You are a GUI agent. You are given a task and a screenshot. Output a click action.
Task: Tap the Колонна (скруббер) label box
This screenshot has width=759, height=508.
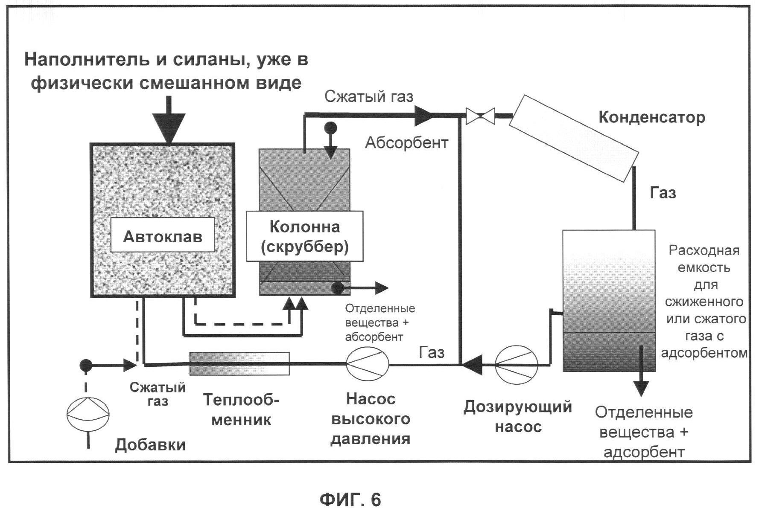pyautogui.click(x=304, y=236)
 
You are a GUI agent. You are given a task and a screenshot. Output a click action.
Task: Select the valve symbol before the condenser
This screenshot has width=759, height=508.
pyautogui.click(x=480, y=116)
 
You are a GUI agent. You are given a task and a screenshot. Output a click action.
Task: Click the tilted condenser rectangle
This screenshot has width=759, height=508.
pyautogui.click(x=574, y=138)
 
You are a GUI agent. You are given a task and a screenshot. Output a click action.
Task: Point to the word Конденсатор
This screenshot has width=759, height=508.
pyautogui.click(x=651, y=117)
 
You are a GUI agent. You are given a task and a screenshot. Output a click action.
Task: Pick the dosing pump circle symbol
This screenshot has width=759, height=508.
pyautogui.click(x=517, y=363)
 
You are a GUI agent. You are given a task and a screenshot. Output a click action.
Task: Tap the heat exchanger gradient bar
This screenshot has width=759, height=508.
pyautogui.click(x=239, y=363)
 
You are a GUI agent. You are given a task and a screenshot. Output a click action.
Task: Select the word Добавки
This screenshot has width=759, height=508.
pyautogui.click(x=150, y=445)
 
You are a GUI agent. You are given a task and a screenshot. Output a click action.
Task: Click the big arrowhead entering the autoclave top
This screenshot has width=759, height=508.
pyautogui.click(x=169, y=128)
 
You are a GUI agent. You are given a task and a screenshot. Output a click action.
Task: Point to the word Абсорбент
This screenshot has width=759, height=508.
pyautogui.click(x=406, y=142)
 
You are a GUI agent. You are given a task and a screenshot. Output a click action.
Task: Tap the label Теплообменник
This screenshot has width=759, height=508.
pyautogui.click(x=241, y=409)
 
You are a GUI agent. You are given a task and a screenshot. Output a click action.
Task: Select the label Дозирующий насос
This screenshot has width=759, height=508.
pyautogui.click(x=518, y=416)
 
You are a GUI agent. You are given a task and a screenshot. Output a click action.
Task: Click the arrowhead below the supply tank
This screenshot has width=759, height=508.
pyautogui.click(x=641, y=388)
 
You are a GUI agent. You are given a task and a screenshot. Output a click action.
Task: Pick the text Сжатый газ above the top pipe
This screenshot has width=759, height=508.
pyautogui.click(x=369, y=96)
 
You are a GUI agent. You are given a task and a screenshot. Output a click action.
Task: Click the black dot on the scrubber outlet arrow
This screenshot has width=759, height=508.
pyautogui.click(x=338, y=288)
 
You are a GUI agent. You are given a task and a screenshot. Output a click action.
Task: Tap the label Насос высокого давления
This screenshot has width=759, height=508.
pyautogui.click(x=371, y=419)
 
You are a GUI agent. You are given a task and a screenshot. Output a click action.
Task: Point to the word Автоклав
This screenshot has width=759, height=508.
pyautogui.click(x=162, y=236)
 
